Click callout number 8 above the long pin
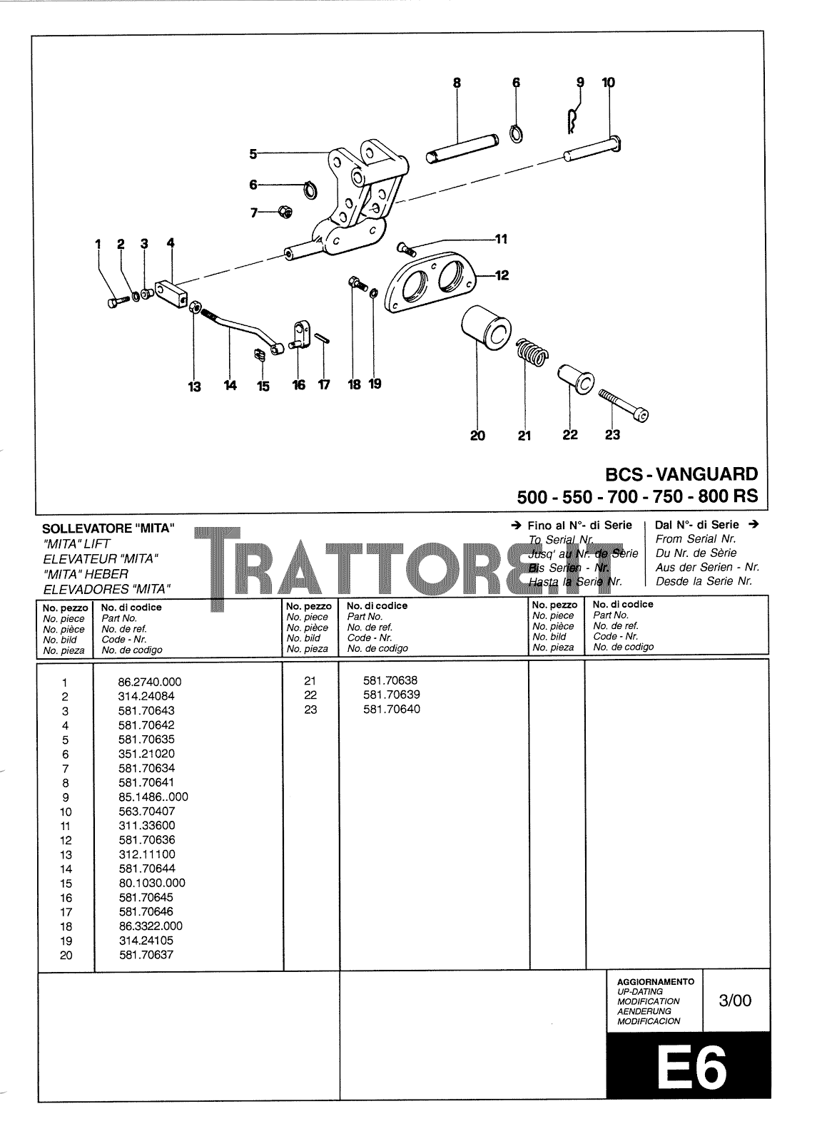pyautogui.click(x=457, y=83)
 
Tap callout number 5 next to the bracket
pyautogui.click(x=253, y=153)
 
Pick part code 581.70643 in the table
pyautogui.click(x=146, y=710)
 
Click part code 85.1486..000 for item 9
pyautogui.click(x=153, y=797)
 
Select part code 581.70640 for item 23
pyautogui.click(x=391, y=709)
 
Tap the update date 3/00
pyautogui.click(x=735, y=1000)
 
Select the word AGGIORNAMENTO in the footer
pyautogui.click(x=655, y=981)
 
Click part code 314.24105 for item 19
pyautogui.click(x=146, y=941)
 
